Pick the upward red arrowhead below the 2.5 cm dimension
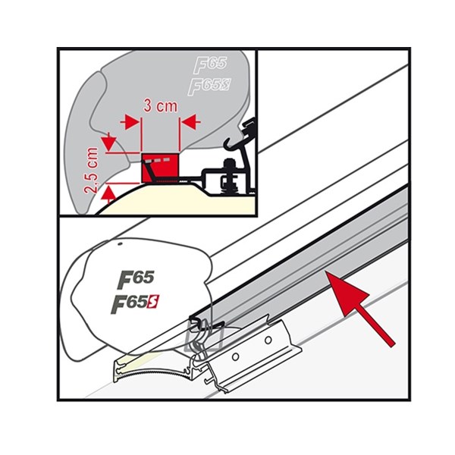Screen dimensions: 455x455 click(x=108, y=193)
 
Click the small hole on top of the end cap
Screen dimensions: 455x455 click(x=122, y=247)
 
